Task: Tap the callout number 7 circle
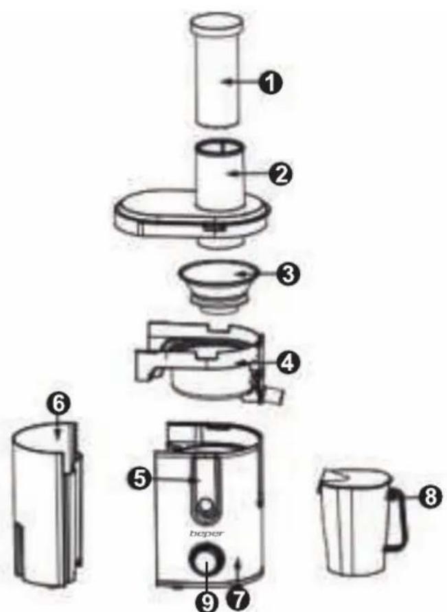(237, 600)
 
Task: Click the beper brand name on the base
(207, 533)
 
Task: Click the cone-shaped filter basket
(218, 286)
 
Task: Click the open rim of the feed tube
(220, 148)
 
